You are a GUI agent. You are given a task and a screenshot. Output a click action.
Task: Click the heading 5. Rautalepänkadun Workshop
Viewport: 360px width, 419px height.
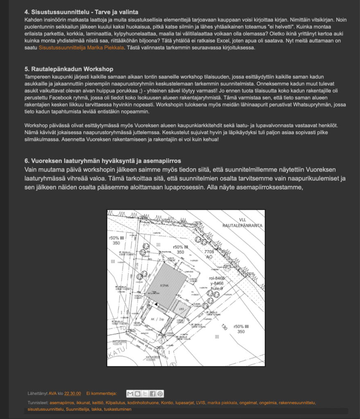tap(69, 69)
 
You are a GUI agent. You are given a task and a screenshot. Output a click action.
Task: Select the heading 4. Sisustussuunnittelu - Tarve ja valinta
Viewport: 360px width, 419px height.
tap(81, 12)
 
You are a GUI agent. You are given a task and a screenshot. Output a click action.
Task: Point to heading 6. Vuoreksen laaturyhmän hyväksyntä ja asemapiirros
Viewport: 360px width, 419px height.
tap(103, 161)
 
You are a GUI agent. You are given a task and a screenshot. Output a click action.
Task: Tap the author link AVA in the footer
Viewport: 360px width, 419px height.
tap(52, 394)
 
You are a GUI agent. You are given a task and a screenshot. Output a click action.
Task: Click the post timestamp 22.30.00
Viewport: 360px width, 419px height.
tap(72, 394)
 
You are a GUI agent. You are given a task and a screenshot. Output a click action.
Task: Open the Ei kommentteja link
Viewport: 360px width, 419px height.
tap(101, 394)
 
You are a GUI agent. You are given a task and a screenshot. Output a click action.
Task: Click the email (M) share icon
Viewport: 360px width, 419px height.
tap(130, 394)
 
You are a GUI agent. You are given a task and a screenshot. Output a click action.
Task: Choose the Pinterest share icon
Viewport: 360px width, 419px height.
tap(160, 394)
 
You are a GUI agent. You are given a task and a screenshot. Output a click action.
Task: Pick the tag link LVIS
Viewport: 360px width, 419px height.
tap(201, 403)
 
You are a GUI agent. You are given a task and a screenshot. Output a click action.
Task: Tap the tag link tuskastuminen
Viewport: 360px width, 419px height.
tap(117, 409)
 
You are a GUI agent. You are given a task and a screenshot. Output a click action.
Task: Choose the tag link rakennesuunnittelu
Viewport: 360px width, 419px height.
tap(297, 403)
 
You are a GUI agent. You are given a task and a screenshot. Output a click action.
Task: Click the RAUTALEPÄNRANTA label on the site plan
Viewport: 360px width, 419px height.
tap(242, 225)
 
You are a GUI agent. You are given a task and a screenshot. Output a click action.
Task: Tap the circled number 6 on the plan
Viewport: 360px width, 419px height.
tap(162, 340)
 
